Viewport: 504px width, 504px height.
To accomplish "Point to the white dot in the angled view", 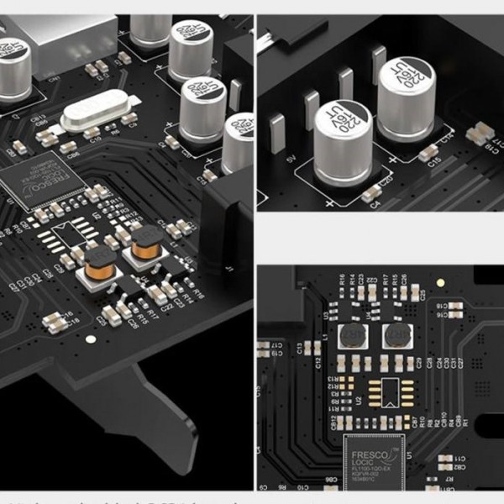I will click(x=91, y=339).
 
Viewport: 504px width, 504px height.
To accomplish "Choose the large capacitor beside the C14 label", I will click(x=407, y=98).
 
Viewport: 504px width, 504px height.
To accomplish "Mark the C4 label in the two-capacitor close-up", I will click(x=375, y=204).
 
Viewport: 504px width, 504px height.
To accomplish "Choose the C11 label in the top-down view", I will click(x=459, y=457).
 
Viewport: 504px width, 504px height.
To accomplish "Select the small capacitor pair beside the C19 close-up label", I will click(x=480, y=133).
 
